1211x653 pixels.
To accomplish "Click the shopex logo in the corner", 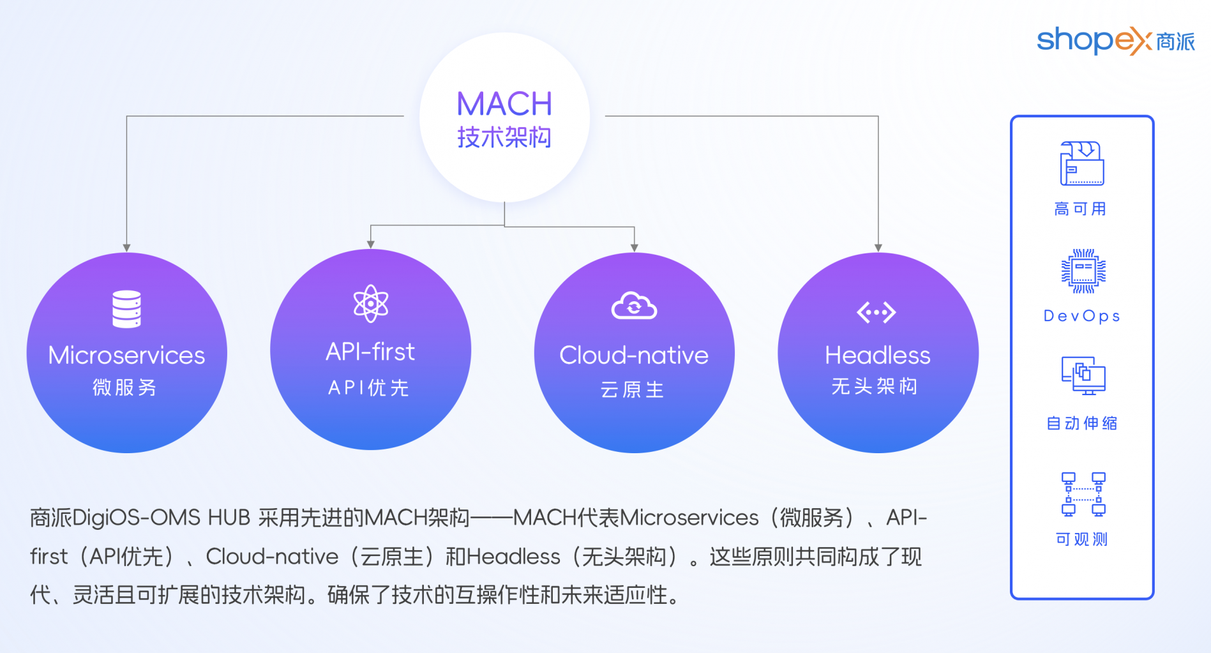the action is click(1116, 41).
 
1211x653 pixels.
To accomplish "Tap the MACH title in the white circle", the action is click(504, 103).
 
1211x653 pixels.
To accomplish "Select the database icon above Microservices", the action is click(126, 309).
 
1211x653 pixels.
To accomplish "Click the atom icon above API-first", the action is click(371, 303).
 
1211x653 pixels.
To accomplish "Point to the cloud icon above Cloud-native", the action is click(634, 306).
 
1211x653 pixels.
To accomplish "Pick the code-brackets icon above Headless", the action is click(876, 312).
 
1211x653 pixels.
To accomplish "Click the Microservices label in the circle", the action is click(126, 356).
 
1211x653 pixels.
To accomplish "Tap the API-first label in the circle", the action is click(370, 352).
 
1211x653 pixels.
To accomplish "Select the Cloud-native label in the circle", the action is click(634, 356).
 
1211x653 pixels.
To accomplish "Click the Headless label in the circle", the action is click(878, 356).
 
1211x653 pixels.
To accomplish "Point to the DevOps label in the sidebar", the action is click(1082, 316).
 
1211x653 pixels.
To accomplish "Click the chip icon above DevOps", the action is click(1083, 271).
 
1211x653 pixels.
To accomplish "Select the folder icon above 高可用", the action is click(1082, 163).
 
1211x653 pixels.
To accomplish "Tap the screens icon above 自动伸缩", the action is click(1083, 375).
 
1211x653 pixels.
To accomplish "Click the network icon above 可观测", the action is click(1083, 494).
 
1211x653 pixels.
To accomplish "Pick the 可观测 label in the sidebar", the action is click(1082, 539).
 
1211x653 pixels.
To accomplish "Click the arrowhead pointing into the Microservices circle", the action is click(127, 248).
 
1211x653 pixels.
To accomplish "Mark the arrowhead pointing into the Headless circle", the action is click(878, 248).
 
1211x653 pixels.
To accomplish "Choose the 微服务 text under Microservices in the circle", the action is click(124, 387).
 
